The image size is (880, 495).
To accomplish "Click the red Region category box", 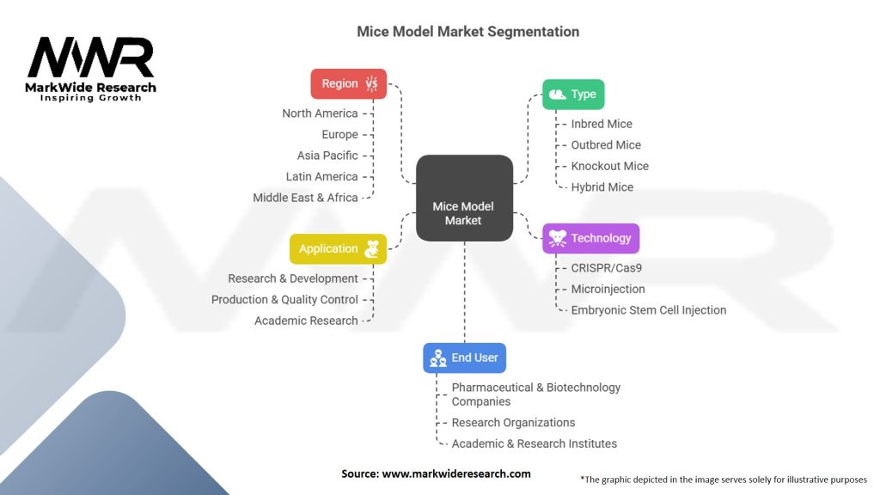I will tap(348, 83).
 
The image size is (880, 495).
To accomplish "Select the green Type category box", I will tap(573, 95).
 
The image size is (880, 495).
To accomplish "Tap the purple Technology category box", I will tap(591, 238).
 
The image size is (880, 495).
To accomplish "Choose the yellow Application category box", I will tap(337, 249).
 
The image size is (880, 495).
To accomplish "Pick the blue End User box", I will tap(464, 357).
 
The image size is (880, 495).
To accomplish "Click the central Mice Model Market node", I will tap(463, 213).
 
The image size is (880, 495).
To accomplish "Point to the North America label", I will tap(320, 113).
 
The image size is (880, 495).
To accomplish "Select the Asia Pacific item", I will tap(327, 156).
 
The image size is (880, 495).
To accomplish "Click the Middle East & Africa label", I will tap(305, 198).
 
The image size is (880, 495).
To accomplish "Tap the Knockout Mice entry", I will tap(609, 166).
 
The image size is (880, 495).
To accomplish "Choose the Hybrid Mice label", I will tap(602, 187).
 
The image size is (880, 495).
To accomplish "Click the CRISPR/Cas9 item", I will tap(606, 268).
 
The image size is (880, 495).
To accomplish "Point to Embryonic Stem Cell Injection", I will tap(648, 310).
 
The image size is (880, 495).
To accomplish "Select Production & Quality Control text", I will tap(284, 300).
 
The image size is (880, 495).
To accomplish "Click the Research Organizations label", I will tap(513, 423).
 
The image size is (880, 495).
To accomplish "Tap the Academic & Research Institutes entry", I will tap(534, 443).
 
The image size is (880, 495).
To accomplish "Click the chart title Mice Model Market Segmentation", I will tap(468, 32).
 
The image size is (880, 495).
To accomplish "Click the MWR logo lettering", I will tap(90, 58).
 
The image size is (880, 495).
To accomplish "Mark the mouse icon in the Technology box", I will tap(558, 238).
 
